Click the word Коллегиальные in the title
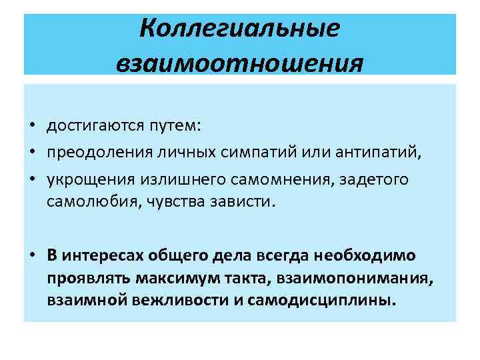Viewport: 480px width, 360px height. [x=241, y=29]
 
